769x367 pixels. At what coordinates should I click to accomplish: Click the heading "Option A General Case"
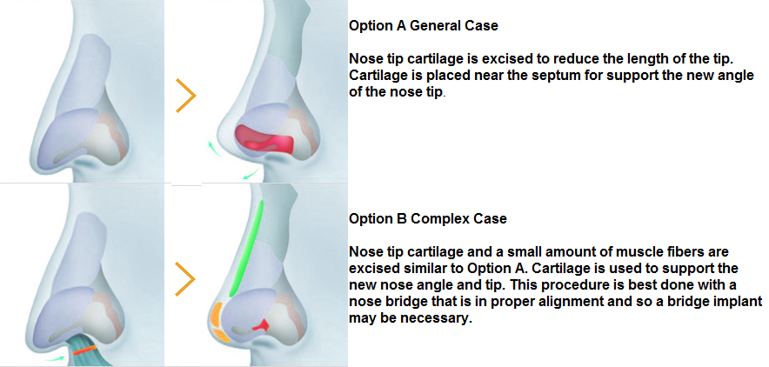pos(424,25)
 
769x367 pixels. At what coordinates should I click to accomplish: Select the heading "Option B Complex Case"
pos(428,218)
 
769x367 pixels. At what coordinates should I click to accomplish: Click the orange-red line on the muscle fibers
pos(84,350)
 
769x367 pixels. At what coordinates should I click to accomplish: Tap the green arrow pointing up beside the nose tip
pos(213,148)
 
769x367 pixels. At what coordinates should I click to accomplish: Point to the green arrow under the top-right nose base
pos(251,173)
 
